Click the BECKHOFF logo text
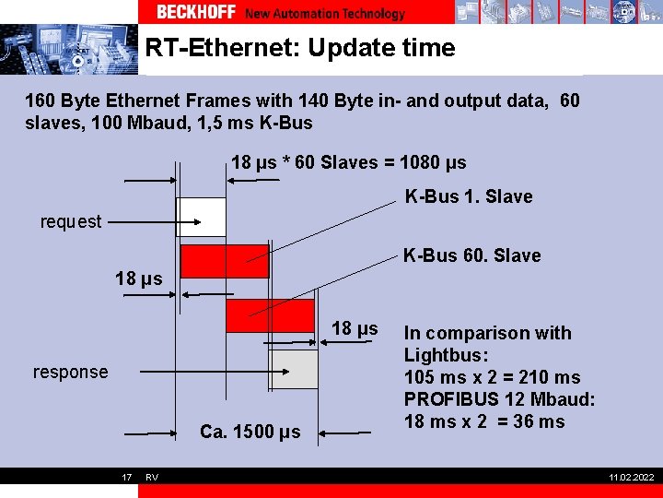click(x=196, y=12)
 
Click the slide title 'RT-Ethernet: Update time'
click(x=300, y=48)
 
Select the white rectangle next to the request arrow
click(x=201, y=217)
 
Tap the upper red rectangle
click(x=225, y=261)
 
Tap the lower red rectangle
click(x=270, y=315)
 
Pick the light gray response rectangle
click(x=294, y=369)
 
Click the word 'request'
click(x=71, y=221)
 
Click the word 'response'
click(x=70, y=372)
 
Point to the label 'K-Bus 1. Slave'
click(x=469, y=196)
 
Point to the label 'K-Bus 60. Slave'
click(x=471, y=255)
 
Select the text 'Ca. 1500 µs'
click(x=250, y=432)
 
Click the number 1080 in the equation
click(x=419, y=163)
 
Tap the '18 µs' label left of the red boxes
click(x=138, y=279)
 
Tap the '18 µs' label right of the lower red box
click(x=355, y=328)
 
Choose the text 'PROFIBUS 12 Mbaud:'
click(x=500, y=399)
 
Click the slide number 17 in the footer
click(x=126, y=477)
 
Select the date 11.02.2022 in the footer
click(x=631, y=477)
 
